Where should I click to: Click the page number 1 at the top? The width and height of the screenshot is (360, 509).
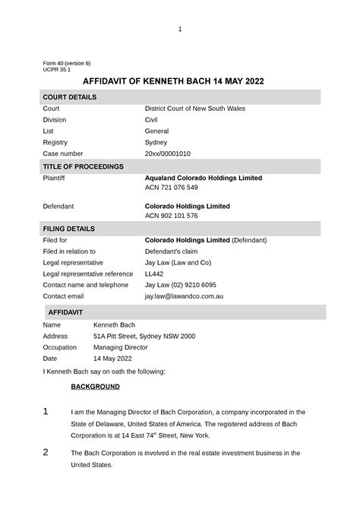180,30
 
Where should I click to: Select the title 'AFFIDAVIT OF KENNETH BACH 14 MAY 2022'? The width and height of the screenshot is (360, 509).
179,82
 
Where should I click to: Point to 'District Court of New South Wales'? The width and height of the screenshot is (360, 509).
195,109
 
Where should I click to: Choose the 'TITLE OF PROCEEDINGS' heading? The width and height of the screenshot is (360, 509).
83,166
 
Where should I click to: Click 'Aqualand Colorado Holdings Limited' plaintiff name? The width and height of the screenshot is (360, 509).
203,178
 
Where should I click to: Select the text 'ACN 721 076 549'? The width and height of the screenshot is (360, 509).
171,188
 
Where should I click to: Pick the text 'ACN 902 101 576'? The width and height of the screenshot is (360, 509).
171,216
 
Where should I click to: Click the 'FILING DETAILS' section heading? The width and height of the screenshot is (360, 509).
69,229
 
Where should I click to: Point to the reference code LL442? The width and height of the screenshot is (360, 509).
154,273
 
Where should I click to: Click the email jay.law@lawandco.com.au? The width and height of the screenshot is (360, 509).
184,296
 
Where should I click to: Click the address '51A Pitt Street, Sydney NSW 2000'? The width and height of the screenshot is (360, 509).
144,336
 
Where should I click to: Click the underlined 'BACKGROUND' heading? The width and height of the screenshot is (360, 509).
95,387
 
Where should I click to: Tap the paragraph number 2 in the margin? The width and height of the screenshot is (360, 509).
46,453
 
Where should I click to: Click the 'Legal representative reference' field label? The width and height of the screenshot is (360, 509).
88,273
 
